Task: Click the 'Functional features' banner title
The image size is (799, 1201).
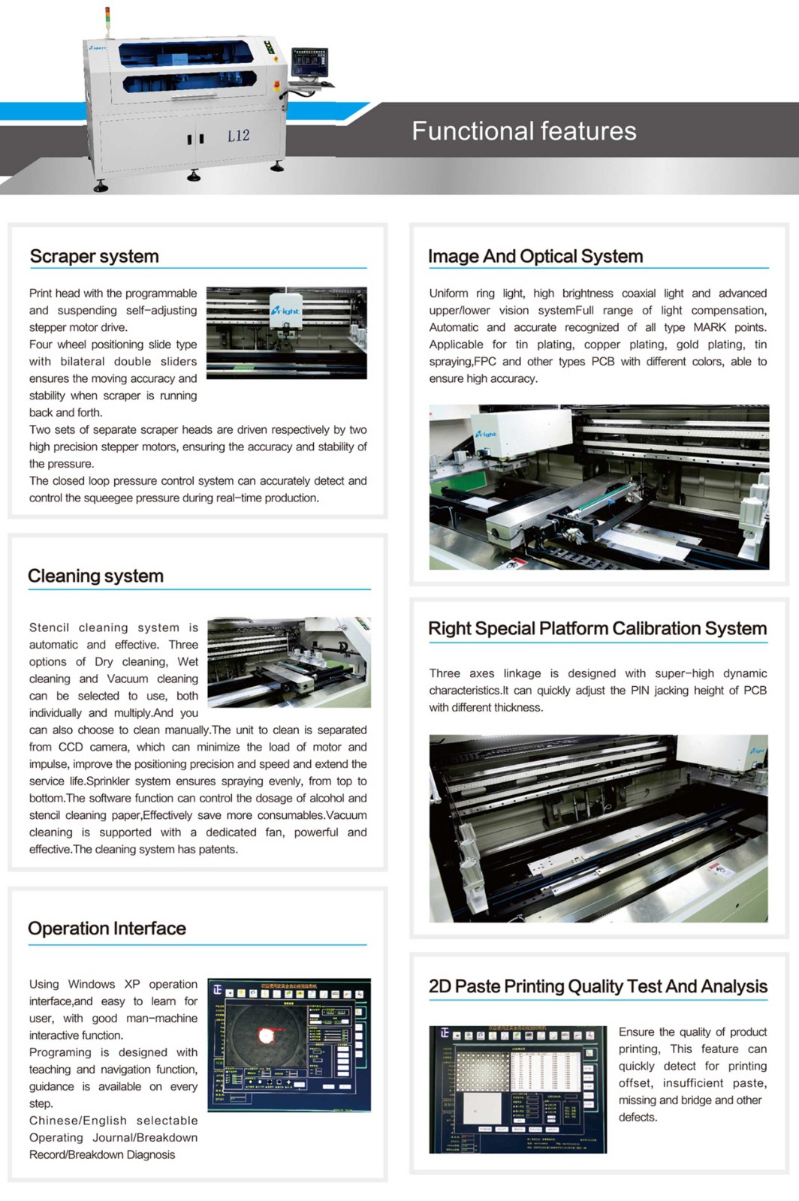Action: tap(523, 131)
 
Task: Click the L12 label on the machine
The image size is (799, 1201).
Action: tap(238, 136)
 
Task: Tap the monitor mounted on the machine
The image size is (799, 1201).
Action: tap(309, 62)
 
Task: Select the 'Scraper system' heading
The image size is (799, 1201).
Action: tap(94, 257)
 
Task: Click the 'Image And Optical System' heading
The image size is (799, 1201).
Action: tap(535, 257)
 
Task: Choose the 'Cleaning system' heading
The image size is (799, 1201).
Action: tap(95, 576)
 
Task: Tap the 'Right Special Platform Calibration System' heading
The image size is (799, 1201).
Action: tap(597, 629)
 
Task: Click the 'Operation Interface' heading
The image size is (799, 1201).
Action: tap(107, 929)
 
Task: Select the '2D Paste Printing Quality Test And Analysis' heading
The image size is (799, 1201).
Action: tap(598, 986)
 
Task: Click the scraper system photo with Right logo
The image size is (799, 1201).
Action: tap(286, 333)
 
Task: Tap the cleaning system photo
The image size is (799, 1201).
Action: tap(289, 662)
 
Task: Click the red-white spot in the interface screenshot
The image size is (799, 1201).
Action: tap(265, 1036)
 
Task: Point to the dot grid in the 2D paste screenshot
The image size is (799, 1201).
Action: tap(487, 1070)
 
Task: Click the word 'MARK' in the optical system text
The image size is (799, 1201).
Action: tap(709, 327)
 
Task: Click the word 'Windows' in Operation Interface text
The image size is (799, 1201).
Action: tap(91, 984)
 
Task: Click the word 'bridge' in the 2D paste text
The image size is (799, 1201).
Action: tap(695, 1100)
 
